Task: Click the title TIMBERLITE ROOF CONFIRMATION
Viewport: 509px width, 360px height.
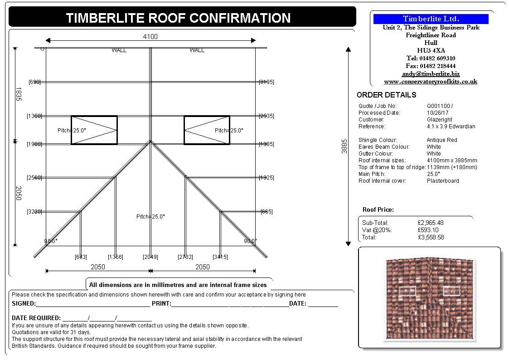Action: point(178,18)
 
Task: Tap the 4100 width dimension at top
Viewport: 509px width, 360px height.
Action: point(150,36)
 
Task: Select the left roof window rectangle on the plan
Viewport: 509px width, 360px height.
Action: point(94,130)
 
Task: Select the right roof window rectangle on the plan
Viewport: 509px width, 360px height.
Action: point(207,130)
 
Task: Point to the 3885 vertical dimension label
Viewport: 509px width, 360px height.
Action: point(344,146)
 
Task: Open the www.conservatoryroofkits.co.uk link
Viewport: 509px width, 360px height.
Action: point(431,82)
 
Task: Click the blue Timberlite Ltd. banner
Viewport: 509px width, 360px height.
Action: point(431,19)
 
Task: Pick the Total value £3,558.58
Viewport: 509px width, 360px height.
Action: point(431,237)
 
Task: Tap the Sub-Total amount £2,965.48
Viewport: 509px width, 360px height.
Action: point(431,223)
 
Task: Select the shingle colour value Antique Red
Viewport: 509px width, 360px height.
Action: point(442,140)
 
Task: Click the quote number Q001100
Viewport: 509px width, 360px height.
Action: point(438,106)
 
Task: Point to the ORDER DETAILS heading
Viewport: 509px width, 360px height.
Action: point(386,95)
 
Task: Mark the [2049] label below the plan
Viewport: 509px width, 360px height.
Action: point(150,257)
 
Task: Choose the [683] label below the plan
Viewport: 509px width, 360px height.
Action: point(81,257)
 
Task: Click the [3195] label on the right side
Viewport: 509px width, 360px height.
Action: point(266,82)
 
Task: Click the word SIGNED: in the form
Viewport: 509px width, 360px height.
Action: point(23,303)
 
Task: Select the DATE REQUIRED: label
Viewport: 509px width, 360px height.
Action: point(36,318)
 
